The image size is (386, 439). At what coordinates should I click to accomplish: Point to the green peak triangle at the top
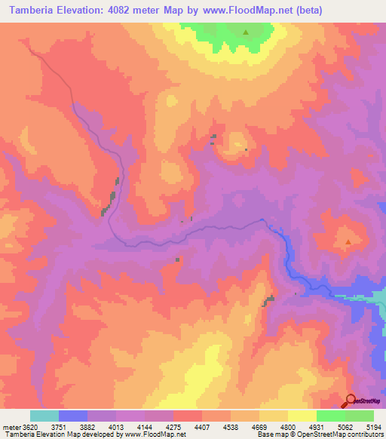pos(245,32)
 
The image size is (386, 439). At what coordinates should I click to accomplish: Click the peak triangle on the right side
pos(348,242)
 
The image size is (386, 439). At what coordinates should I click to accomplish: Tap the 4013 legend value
pos(117,427)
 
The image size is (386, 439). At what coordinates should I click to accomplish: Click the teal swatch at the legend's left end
pos(44,416)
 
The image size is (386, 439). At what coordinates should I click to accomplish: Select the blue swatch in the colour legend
pos(73,416)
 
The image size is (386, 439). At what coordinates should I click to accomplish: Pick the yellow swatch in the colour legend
pos(302,416)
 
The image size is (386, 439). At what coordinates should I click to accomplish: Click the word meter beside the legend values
pos(11,427)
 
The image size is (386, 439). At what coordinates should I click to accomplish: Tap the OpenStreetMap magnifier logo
pos(351,401)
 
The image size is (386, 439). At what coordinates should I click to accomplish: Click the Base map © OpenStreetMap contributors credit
pos(320,435)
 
